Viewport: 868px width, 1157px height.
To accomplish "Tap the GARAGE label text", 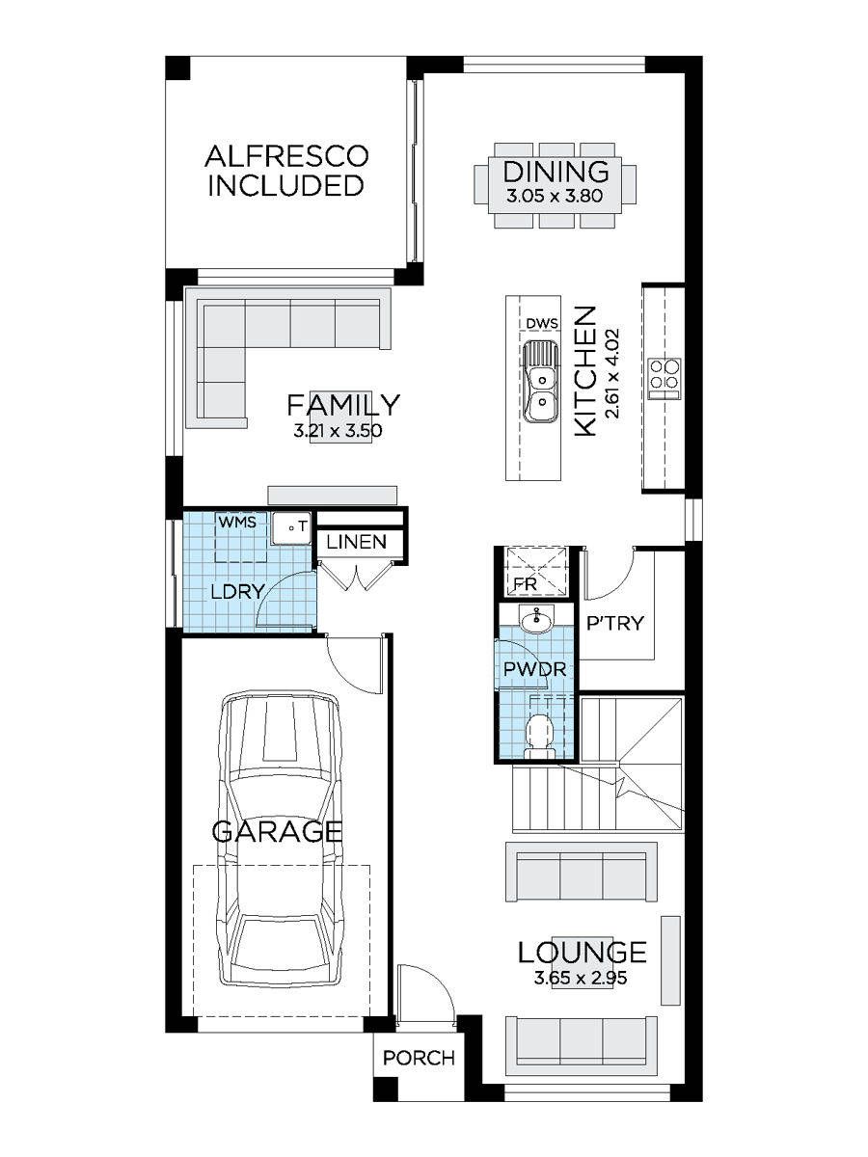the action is (277, 832).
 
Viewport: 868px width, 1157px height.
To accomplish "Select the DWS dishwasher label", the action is (542, 323).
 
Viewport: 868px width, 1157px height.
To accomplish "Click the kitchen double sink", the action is (541, 382).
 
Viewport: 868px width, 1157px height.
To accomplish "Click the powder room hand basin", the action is (536, 620).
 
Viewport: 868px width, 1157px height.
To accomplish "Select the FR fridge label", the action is (525, 584).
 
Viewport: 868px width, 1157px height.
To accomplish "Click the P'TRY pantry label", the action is (615, 624).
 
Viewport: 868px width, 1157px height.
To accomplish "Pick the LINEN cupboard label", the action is (356, 542).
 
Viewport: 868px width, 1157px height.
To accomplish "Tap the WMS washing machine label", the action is (237, 522).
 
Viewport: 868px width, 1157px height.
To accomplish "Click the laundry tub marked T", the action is (291, 527).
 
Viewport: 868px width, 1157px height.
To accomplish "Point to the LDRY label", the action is (237, 591).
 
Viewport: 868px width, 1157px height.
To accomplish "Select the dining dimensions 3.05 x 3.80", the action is (555, 197).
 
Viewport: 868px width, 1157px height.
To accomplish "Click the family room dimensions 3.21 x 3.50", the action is (338, 431).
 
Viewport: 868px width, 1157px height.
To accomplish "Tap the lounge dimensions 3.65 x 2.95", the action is (581, 979).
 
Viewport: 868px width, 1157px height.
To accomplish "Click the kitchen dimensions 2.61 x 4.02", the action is (613, 374).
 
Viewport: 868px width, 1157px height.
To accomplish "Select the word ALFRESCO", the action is (286, 156).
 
